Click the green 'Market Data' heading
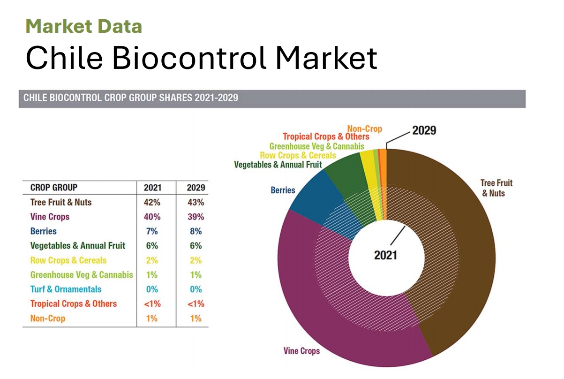[83, 26]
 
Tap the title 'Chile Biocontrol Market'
[201, 58]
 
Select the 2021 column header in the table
[152, 188]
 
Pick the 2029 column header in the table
[195, 188]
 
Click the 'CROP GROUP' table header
[54, 188]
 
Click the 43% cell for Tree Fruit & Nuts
[195, 202]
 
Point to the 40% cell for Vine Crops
[152, 217]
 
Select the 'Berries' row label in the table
[43, 231]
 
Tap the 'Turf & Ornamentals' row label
[66, 289]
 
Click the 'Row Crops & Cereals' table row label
[68, 260]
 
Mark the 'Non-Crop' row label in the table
[48, 318]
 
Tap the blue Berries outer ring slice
[312, 192]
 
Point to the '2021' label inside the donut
[385, 255]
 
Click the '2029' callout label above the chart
[424, 130]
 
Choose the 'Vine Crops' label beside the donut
[302, 351]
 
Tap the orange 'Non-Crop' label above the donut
[365, 128]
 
